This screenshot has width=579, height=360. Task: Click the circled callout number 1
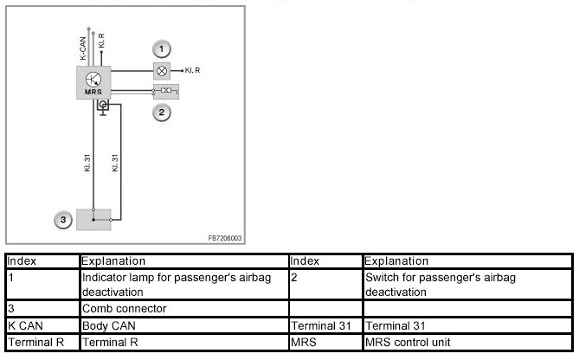(161, 48)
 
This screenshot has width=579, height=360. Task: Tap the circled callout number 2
(161, 112)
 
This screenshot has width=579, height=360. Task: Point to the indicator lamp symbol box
(161, 69)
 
